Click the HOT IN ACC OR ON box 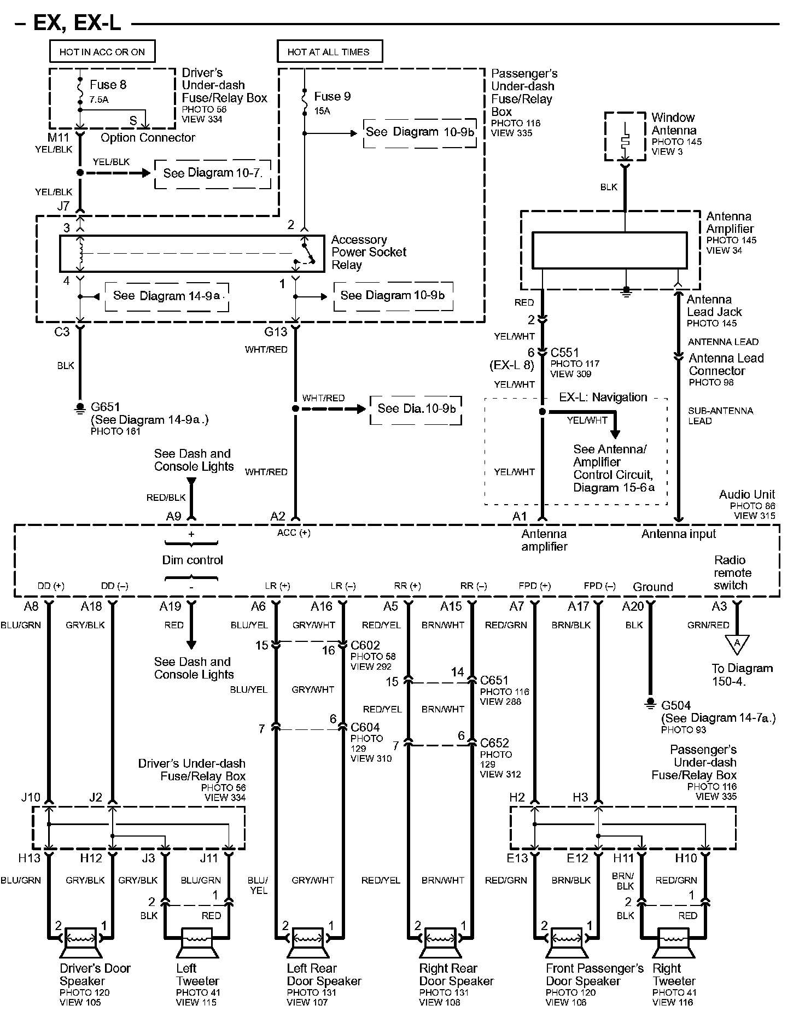102,52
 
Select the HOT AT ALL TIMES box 329,52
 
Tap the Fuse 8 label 108,85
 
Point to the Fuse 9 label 332,97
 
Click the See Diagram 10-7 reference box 213,173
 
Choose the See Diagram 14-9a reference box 167,296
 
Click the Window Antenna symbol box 625,136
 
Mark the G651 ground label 106,407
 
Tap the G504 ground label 676,705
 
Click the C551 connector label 564,353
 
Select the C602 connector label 365,645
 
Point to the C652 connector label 494,743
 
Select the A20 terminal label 633,606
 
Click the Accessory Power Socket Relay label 369,252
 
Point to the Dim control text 192,560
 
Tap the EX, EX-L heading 77,24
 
